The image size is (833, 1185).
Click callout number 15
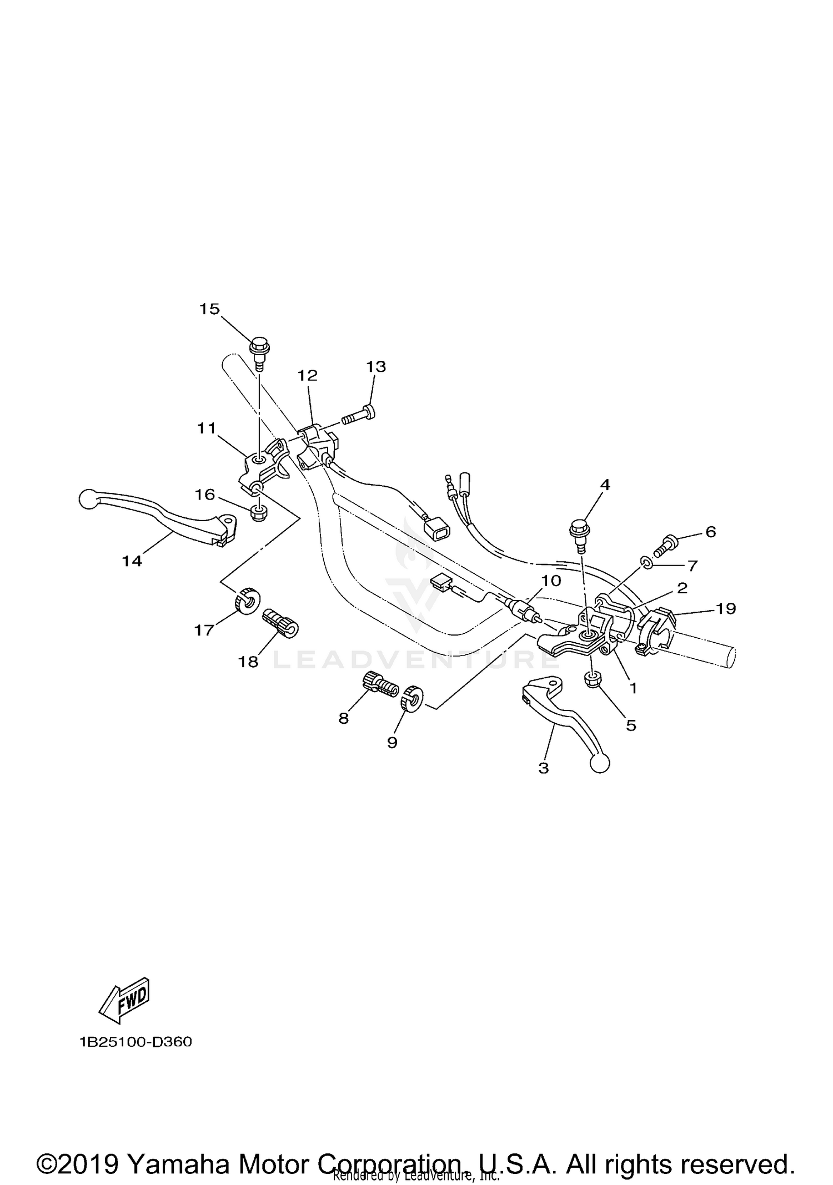[209, 309]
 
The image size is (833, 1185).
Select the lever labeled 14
[167, 516]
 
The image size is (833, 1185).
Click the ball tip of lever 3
[600, 764]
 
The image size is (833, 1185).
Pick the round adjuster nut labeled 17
[245, 600]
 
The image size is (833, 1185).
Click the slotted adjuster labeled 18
[280, 623]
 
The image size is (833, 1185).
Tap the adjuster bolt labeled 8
[380, 683]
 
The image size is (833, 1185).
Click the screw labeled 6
[667, 545]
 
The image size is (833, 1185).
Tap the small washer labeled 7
[646, 563]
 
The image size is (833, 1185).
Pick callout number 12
[307, 376]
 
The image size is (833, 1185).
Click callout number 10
[551, 581]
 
